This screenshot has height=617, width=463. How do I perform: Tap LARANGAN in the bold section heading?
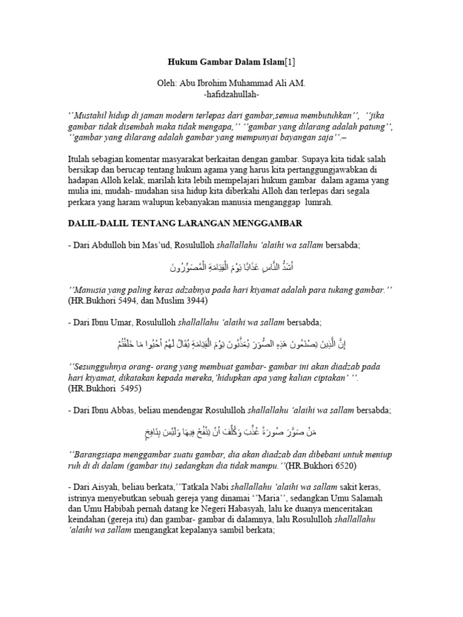197,224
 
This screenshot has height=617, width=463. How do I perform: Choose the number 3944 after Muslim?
195,300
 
